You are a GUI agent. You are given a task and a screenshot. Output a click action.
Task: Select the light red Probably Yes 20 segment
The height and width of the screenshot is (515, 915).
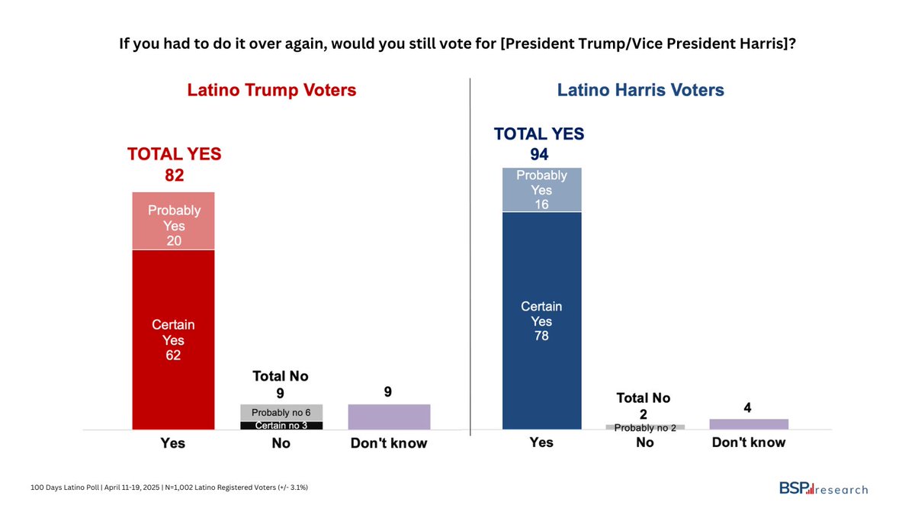[x=173, y=220]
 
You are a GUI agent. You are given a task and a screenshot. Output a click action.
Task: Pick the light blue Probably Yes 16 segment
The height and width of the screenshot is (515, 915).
[x=541, y=189]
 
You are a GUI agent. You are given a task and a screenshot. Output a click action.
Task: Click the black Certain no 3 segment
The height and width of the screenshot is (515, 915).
[x=281, y=425]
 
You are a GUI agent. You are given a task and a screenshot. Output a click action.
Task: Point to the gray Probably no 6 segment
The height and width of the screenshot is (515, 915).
[x=281, y=412]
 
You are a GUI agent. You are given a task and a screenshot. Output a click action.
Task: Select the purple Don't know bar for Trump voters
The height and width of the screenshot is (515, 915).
[x=389, y=417]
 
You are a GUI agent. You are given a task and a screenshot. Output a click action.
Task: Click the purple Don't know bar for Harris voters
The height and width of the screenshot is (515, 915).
[x=748, y=424]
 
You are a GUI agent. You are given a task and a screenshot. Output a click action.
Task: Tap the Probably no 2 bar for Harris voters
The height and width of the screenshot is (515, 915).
[x=645, y=427]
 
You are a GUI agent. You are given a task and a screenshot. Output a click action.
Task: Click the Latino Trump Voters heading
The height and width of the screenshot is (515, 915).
[x=271, y=91]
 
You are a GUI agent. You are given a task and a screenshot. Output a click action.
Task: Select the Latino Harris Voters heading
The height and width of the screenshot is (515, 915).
[x=640, y=91]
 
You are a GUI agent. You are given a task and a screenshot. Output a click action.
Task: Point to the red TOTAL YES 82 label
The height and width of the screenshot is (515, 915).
[x=174, y=165]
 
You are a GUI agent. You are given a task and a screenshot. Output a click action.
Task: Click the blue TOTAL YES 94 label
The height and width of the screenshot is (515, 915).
[x=539, y=144]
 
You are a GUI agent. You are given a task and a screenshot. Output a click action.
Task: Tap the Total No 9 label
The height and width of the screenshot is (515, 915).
[x=281, y=385]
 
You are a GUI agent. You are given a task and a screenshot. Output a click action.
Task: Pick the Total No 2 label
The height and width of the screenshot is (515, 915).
[x=644, y=406]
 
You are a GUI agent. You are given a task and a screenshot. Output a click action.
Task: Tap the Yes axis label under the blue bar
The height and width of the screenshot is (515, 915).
[x=541, y=443]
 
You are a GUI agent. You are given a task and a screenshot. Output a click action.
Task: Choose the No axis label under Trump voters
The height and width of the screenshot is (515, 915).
[x=281, y=443]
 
